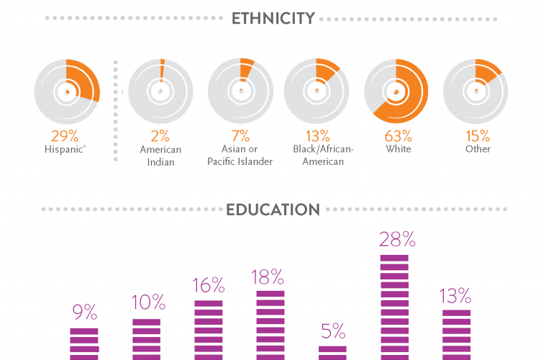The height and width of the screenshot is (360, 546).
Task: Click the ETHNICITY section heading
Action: tap(273, 19)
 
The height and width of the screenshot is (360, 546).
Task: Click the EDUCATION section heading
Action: tap(273, 210)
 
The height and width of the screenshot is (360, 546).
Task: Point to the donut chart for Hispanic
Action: tap(67, 91)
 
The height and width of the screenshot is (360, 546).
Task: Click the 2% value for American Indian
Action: tap(160, 135)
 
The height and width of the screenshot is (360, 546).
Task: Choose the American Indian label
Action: tap(160, 155)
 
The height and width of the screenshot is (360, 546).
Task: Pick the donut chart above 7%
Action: tap(240, 91)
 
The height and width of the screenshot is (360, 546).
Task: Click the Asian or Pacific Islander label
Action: tap(240, 155)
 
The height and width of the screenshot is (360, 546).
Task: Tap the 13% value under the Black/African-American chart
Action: tap(317, 135)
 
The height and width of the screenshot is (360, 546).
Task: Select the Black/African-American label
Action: tap(317, 155)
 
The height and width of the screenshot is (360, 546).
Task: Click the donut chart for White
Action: tap(396, 91)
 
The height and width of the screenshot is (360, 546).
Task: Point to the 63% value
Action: tap(398, 135)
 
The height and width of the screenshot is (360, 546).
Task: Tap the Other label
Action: tap(478, 149)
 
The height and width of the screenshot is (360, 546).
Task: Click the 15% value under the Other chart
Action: tap(478, 135)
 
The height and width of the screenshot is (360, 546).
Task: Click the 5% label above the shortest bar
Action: tap(332, 331)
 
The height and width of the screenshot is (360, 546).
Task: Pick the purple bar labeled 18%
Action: tap(270, 325)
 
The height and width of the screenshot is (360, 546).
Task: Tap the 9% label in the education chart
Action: tap(84, 312)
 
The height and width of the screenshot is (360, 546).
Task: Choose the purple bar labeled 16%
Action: tap(209, 330)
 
